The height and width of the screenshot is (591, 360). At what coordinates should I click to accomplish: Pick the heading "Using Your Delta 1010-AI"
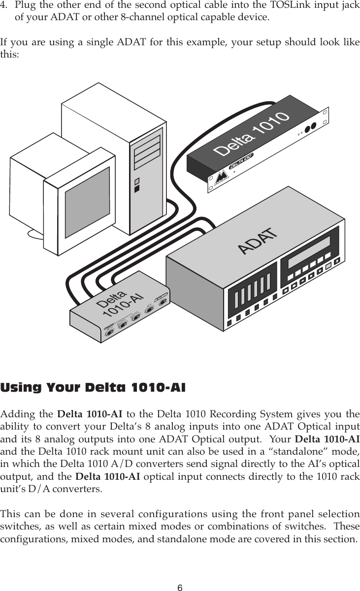point(94,388)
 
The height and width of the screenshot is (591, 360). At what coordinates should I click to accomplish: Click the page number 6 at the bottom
point(180,574)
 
